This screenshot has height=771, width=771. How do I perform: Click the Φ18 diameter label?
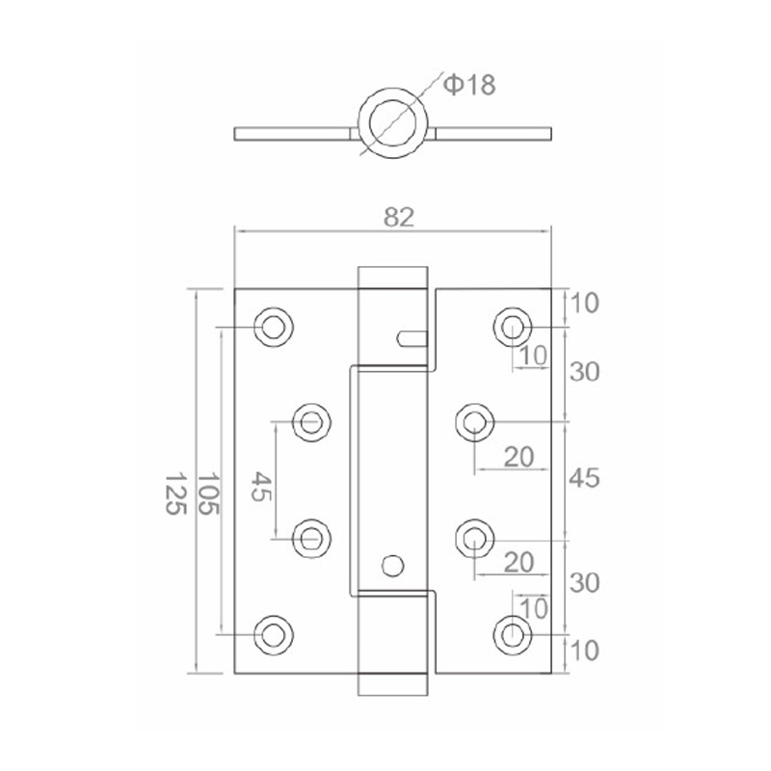point(469,86)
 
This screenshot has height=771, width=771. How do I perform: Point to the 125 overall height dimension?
point(173,492)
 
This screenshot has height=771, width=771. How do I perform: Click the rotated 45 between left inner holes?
point(261,485)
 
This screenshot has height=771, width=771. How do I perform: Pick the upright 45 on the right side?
point(584,478)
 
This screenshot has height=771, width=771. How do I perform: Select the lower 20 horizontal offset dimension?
point(519,562)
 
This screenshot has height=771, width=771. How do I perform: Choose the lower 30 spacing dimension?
point(584,583)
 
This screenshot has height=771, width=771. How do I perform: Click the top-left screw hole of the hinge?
point(274,327)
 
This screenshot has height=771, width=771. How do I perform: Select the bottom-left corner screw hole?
point(274,634)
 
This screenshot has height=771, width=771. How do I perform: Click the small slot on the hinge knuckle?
point(411,337)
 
